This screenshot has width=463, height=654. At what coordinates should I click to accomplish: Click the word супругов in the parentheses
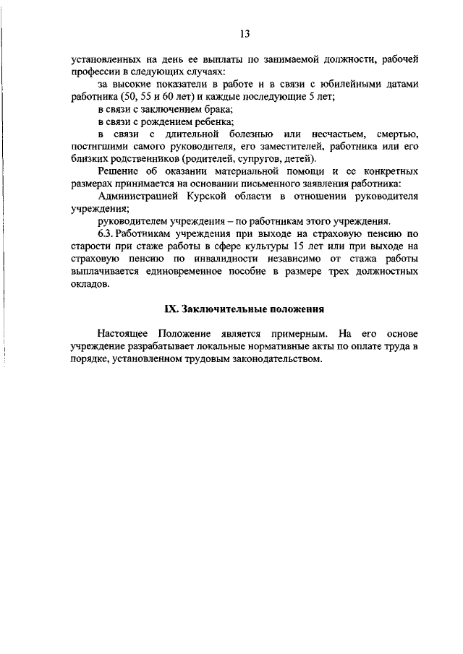(x=265, y=159)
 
